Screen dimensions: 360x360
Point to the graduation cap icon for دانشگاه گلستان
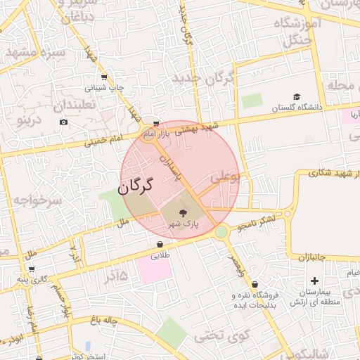[x=297, y=97]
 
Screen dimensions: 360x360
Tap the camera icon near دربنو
[x=64, y=122]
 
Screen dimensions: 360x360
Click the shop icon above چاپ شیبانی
[x=104, y=77]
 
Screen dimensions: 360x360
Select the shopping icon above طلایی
[x=160, y=245]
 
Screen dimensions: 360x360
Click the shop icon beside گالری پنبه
[x=31, y=269]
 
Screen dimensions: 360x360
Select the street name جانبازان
[x=307, y=258]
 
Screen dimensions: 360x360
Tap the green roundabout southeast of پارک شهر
[x=221, y=231]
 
